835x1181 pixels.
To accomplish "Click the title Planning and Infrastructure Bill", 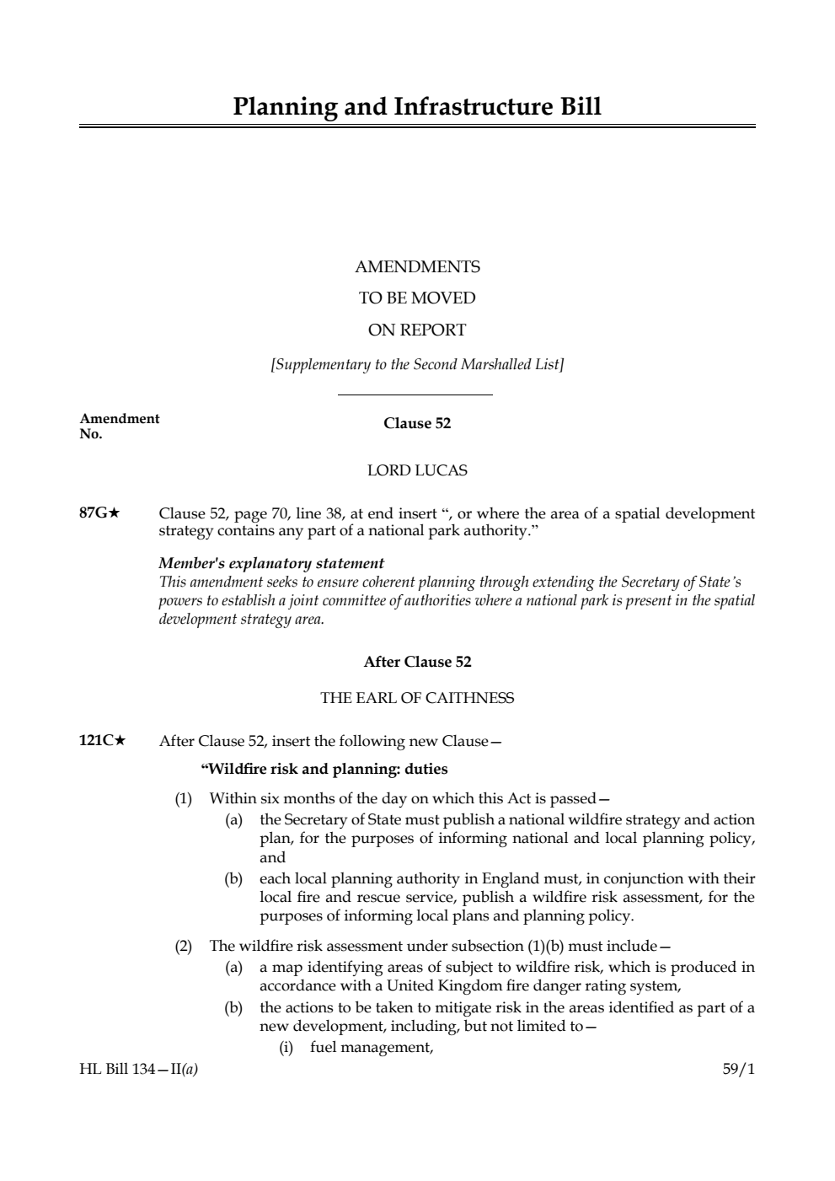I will click(x=417, y=107).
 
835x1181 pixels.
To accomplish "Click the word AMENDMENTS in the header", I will click(x=417, y=267).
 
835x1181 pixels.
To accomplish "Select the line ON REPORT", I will click(x=417, y=330).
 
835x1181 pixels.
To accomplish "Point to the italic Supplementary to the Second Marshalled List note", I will click(x=417, y=365).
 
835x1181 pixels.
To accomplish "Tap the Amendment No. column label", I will click(x=119, y=426).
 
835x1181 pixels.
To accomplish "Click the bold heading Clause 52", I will click(x=417, y=423).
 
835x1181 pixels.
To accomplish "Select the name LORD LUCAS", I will click(x=417, y=470).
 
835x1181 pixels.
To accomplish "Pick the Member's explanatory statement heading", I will click(x=271, y=563).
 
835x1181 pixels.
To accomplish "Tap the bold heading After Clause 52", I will click(x=417, y=662).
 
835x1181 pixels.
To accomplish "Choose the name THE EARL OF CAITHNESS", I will click(x=417, y=698).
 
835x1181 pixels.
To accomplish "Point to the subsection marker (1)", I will click(x=184, y=797).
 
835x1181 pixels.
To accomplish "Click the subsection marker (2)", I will click(x=184, y=945).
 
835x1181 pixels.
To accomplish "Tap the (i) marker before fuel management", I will click(x=286, y=1047).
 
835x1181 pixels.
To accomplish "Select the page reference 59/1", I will click(x=739, y=1070).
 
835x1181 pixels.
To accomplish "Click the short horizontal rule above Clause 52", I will click(x=415, y=395).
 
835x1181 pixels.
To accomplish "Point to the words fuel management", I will click(x=372, y=1047).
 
